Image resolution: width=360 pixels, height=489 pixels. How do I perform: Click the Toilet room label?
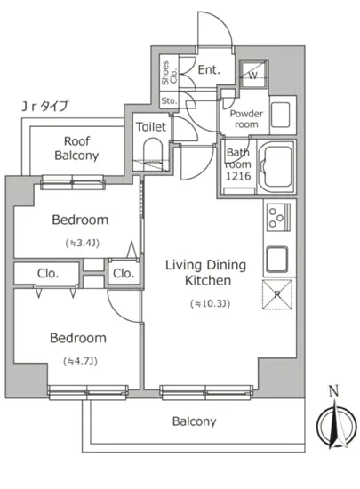[x=151, y=127]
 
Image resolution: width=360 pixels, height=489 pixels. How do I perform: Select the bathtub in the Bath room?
[x=276, y=167]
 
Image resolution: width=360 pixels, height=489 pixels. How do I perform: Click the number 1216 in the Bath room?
[x=238, y=176]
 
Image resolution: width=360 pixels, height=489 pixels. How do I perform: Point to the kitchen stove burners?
[x=278, y=217]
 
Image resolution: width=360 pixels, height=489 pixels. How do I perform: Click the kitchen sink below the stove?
[x=277, y=260]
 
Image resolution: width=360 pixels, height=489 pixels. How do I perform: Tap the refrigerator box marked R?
[x=277, y=294]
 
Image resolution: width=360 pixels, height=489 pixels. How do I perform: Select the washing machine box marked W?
[x=253, y=74]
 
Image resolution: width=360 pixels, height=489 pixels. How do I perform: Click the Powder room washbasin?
[x=281, y=115]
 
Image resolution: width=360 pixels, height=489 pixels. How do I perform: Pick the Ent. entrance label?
[x=209, y=69]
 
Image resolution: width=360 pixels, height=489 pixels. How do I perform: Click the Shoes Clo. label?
[x=169, y=73]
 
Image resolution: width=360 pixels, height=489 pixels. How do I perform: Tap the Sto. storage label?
[x=169, y=100]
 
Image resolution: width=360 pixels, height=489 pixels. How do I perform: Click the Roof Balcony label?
[x=76, y=148]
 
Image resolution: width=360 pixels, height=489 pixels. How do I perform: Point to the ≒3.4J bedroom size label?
[x=83, y=243]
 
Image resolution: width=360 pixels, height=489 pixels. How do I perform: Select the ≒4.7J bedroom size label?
[x=80, y=361]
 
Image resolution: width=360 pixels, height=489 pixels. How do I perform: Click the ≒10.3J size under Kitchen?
[x=211, y=303]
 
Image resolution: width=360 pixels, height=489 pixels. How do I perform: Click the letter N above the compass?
[x=334, y=391]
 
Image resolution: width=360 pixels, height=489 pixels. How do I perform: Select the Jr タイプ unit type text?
[x=44, y=106]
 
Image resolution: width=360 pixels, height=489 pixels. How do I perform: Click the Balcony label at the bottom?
[x=194, y=421]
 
